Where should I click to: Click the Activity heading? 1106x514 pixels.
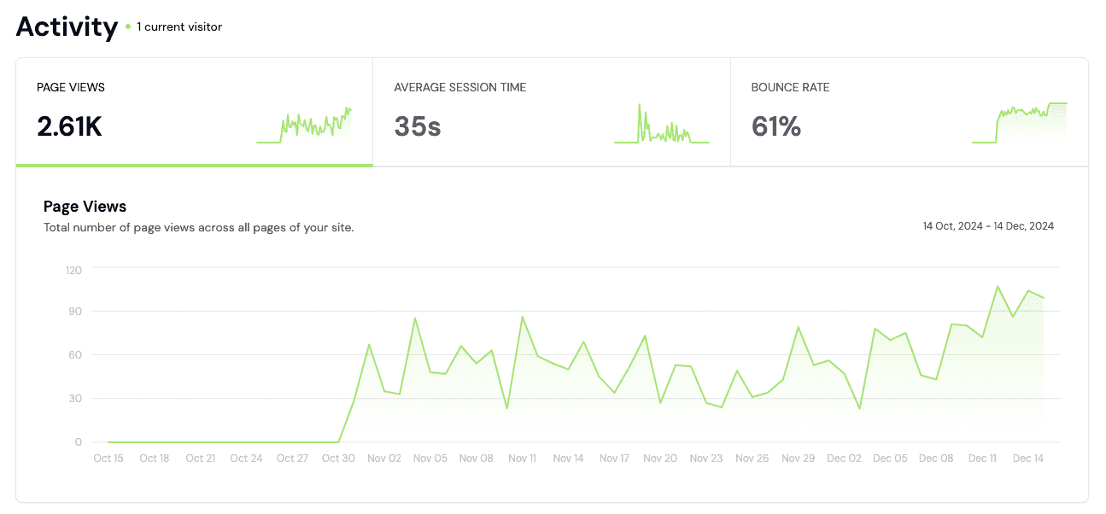67,27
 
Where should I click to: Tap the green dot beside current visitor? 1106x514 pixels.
128,26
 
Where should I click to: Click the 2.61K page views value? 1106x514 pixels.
69,126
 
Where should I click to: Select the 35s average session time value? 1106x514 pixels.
418,126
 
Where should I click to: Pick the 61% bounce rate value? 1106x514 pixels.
776,126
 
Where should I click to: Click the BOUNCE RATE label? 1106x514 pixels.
790,87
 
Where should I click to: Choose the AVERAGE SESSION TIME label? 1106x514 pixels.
459,87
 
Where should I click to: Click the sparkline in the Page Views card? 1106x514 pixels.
304,125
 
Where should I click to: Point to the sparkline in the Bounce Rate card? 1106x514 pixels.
1019,122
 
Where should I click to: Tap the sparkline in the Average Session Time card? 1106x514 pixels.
662,124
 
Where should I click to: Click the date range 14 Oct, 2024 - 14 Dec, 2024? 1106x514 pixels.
988,226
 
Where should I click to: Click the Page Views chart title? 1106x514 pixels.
85,207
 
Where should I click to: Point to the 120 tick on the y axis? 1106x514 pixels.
73,270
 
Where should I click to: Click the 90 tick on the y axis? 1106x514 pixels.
75,311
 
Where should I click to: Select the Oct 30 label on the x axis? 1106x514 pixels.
338,459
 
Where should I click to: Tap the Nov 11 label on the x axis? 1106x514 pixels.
522,459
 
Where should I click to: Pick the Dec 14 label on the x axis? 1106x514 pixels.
1028,459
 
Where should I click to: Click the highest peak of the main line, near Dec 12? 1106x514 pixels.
998,286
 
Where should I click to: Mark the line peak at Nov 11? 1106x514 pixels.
522,317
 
